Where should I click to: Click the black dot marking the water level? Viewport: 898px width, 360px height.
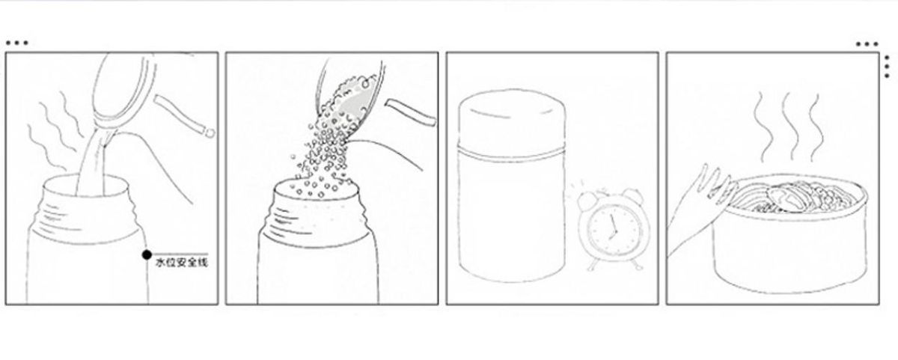click(x=147, y=254)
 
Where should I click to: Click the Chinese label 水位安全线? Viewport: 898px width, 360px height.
click(x=182, y=263)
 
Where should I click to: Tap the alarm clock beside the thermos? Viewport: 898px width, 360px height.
click(x=613, y=228)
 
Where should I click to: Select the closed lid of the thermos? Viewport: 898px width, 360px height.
click(x=512, y=120)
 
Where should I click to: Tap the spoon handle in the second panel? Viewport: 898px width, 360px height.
click(x=411, y=113)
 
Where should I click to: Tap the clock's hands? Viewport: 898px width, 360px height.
click(x=612, y=228)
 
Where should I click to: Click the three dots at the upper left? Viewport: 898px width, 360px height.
click(x=16, y=43)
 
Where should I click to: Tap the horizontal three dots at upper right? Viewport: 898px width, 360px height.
click(x=867, y=44)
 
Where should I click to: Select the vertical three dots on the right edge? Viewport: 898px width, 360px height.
click(x=887, y=66)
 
